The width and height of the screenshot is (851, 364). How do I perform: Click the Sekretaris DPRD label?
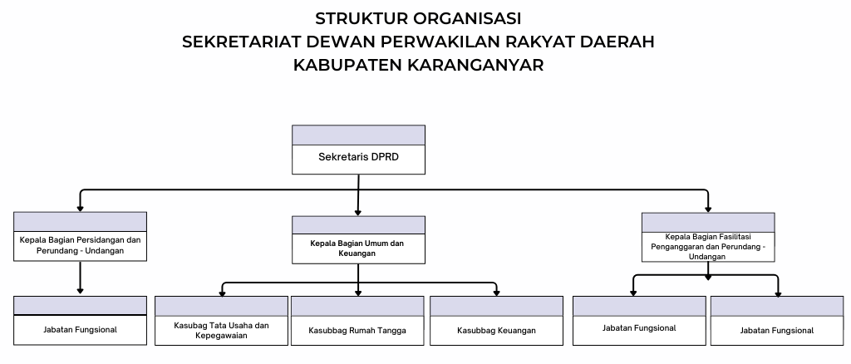click(x=358, y=157)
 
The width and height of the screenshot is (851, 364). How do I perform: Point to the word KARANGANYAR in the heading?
click(x=475, y=65)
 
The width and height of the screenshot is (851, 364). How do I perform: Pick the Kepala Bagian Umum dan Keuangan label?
click(x=357, y=248)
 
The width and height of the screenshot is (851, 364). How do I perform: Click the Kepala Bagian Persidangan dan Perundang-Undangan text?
click(x=80, y=244)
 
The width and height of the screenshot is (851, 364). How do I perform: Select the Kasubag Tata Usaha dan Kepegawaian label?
click(x=221, y=331)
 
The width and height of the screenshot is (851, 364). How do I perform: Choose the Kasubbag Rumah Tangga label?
click(x=357, y=331)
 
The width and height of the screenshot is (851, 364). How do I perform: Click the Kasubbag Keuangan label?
click(x=496, y=331)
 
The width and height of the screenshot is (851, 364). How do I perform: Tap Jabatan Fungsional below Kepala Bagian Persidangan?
click(x=80, y=329)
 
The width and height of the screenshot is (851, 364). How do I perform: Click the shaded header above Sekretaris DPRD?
click(x=358, y=135)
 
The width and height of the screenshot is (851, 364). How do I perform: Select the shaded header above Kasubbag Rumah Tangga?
click(x=357, y=306)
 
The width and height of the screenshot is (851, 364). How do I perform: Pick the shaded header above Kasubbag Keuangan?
click(x=496, y=306)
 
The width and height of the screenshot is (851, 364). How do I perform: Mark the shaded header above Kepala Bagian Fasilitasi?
click(x=708, y=223)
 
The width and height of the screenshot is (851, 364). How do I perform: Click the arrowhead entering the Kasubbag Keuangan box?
click(x=496, y=293)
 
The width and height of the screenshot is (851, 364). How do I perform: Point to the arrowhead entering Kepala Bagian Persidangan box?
click(x=80, y=209)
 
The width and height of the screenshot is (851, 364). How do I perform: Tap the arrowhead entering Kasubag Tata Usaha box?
click(x=221, y=293)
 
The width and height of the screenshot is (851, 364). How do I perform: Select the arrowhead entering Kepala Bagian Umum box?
click(x=357, y=214)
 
